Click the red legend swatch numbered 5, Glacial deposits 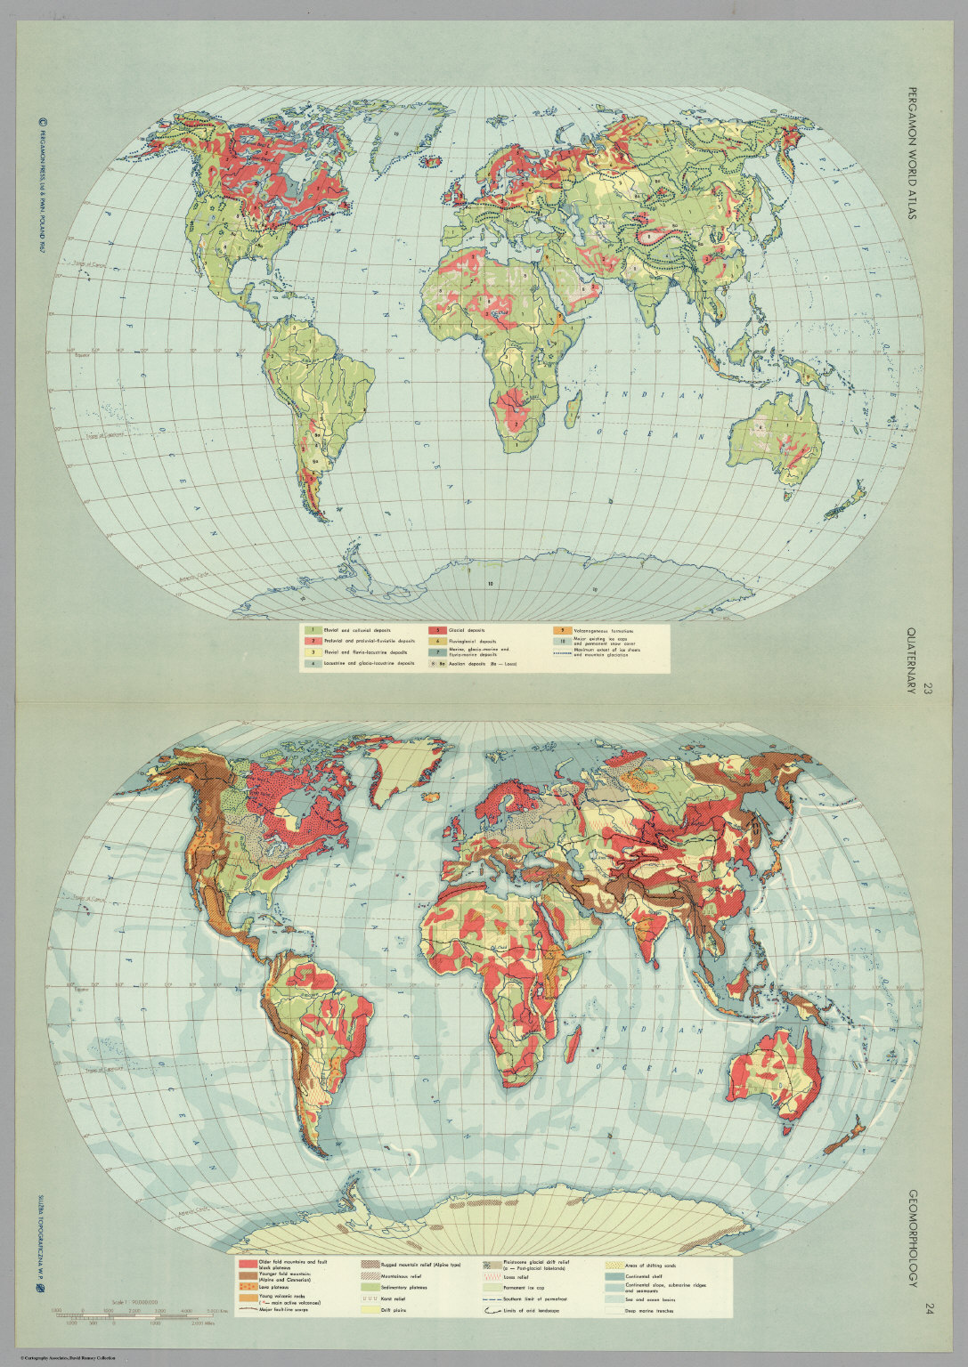[435, 630]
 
